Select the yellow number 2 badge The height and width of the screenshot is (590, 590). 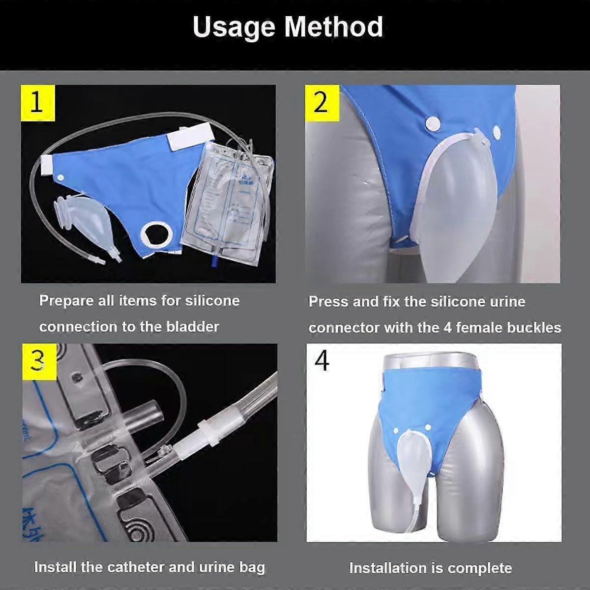[321, 103]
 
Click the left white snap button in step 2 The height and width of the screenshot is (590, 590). [433, 121]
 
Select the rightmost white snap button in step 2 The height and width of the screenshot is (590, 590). [497, 132]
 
